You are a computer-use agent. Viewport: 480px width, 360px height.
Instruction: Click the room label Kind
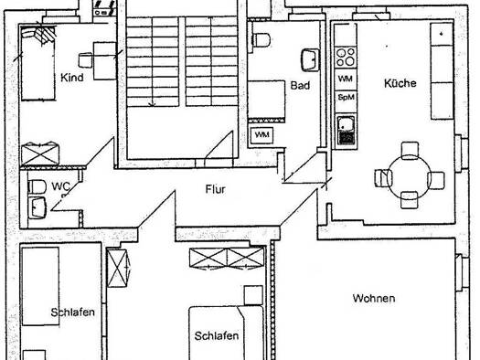click(x=72, y=78)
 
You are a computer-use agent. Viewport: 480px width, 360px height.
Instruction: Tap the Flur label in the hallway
click(x=216, y=189)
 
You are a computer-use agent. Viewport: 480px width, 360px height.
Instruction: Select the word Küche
click(x=400, y=83)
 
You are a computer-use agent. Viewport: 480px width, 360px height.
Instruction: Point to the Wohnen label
click(x=374, y=298)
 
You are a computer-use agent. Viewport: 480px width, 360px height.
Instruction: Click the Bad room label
click(x=300, y=85)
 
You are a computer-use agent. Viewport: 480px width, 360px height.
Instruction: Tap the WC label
click(x=60, y=186)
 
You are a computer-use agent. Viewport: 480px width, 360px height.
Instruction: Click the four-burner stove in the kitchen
click(x=346, y=58)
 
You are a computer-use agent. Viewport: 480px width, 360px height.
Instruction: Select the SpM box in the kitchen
click(x=346, y=98)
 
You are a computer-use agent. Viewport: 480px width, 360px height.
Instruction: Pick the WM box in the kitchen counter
click(x=346, y=79)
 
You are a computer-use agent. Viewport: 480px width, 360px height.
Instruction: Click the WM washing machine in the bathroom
click(x=262, y=134)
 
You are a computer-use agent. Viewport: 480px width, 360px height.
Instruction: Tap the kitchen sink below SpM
click(x=347, y=131)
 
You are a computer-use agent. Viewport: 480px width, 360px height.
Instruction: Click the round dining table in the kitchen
click(x=410, y=177)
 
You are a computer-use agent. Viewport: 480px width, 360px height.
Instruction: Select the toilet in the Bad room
click(x=261, y=40)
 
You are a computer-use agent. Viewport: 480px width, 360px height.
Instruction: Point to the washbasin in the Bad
click(x=310, y=59)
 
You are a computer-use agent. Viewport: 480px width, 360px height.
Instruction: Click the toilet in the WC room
click(x=37, y=187)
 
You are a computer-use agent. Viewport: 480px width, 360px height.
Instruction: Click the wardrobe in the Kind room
click(x=40, y=154)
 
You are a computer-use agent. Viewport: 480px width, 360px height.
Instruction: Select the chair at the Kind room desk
click(x=85, y=60)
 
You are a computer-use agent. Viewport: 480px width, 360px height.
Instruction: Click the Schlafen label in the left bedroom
click(x=72, y=312)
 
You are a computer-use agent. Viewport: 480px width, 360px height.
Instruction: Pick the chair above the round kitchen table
click(x=410, y=150)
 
